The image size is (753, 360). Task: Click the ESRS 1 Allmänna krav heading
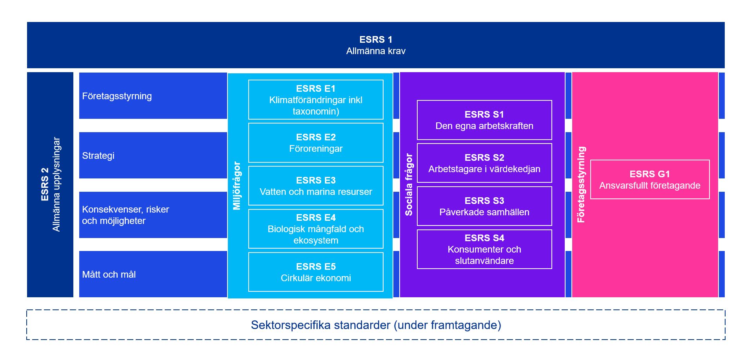(x=376, y=45)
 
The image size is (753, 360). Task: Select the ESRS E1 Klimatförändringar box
(x=316, y=100)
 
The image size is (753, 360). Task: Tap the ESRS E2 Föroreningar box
(x=316, y=143)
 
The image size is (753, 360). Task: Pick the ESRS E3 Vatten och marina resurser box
(x=316, y=186)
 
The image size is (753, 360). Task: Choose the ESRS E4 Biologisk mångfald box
(x=316, y=229)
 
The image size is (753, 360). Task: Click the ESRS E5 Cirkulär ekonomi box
(x=316, y=272)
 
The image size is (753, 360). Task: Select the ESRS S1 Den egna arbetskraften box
(x=484, y=120)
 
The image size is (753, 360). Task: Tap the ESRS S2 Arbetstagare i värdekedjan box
(x=484, y=163)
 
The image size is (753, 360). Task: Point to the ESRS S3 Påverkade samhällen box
(x=484, y=206)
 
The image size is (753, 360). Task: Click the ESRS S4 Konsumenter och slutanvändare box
(x=484, y=249)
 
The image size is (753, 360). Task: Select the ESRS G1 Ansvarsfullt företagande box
(x=650, y=180)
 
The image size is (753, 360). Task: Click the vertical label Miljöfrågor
(x=237, y=185)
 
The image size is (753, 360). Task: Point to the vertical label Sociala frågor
(x=409, y=185)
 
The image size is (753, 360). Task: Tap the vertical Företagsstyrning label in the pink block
(x=581, y=185)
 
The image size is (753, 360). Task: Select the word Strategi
(x=98, y=156)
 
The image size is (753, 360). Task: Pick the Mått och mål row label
(x=109, y=275)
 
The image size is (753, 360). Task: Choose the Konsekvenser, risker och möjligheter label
(x=125, y=215)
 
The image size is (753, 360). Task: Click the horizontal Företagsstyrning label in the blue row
(x=117, y=96)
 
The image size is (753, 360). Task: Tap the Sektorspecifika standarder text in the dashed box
(x=376, y=325)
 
